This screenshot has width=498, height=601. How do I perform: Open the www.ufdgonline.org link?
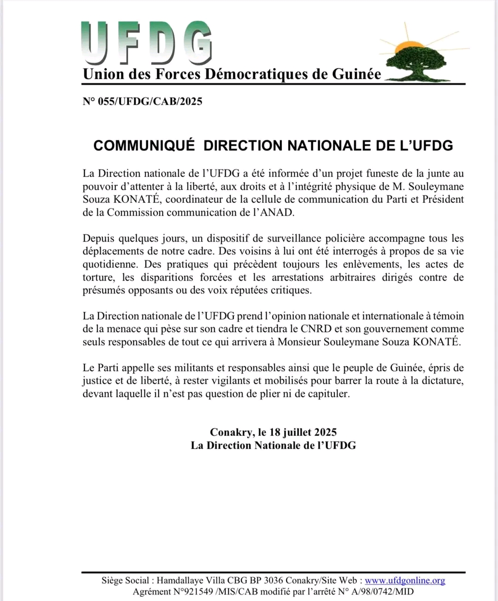pos(405,581)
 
